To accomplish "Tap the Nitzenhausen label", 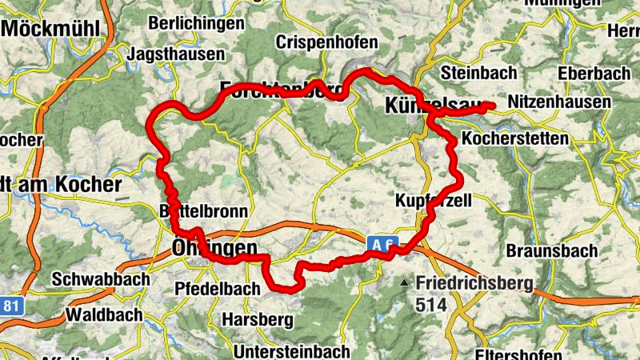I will click(559, 102).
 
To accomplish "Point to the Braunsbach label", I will click(551, 250).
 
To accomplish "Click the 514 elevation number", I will click(430, 304).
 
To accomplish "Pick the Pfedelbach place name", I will click(218, 288).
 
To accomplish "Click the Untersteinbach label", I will click(291, 351).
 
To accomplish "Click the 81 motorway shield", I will click(10, 306).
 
